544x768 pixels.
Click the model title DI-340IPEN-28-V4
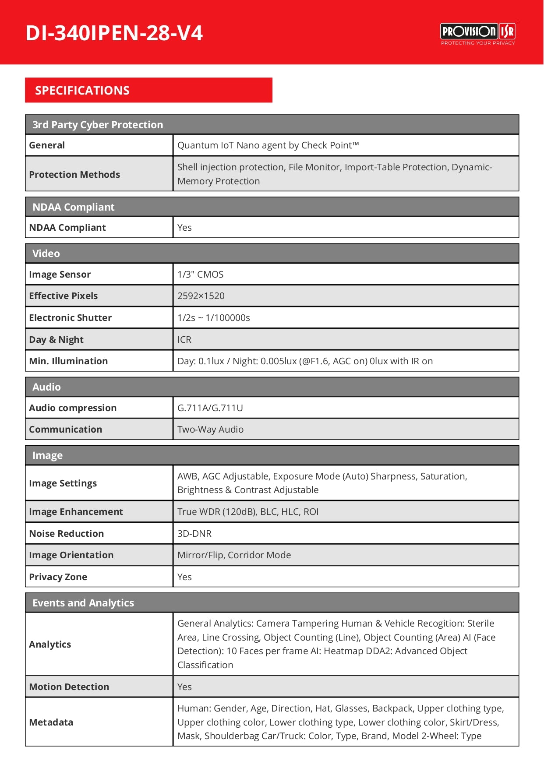114,33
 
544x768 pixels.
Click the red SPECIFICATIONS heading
82,91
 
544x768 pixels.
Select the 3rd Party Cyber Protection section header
98,125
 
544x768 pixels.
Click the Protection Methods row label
74,174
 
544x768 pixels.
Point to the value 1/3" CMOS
200,275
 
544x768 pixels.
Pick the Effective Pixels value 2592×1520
201,296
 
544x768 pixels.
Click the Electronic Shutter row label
70,318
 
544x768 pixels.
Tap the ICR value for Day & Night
184,340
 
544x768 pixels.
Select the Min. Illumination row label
68,361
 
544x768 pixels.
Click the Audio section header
46,387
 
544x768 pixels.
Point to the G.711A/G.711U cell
210,408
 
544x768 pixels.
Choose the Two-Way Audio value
210,430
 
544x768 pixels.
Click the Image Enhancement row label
76,512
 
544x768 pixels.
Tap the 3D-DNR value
194,534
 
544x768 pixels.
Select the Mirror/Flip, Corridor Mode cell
234,555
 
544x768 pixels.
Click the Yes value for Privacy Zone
184,577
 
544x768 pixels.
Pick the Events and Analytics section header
83,603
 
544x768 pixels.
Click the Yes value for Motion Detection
184,687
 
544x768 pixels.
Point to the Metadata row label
51,722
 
